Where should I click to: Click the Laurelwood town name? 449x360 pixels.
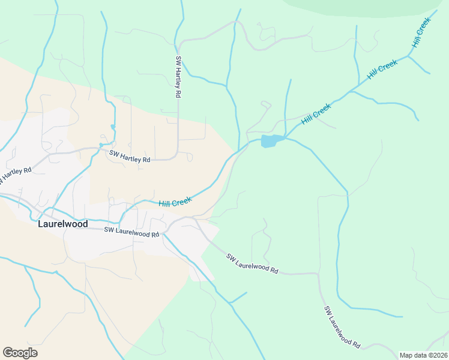pos(62,224)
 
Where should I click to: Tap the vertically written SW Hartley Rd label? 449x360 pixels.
pos(178,77)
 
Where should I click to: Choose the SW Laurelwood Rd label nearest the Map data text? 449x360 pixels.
pos(342,327)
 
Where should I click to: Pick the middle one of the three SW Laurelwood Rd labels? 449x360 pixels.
pos(253,263)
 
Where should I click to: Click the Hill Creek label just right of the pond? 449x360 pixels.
pos(316,113)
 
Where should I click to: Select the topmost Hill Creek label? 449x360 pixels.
pos(422,33)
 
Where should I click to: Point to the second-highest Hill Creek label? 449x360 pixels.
pos(382,71)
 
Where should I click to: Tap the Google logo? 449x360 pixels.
pos(20,353)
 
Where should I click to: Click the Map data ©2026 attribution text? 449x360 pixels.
pos(423,355)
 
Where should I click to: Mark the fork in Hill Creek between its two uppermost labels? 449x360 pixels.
pos(408,56)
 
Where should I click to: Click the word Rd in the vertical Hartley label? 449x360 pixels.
pos(178,94)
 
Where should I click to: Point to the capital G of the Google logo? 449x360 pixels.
pos(8,353)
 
